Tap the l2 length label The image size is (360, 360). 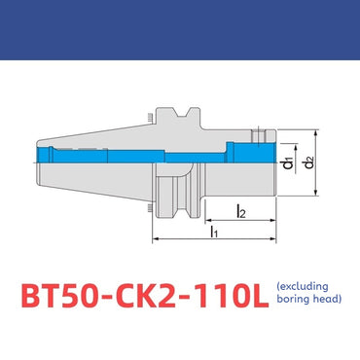tap(240, 208)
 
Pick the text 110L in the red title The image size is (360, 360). tap(225, 294)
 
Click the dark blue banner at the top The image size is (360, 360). tap(180, 30)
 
